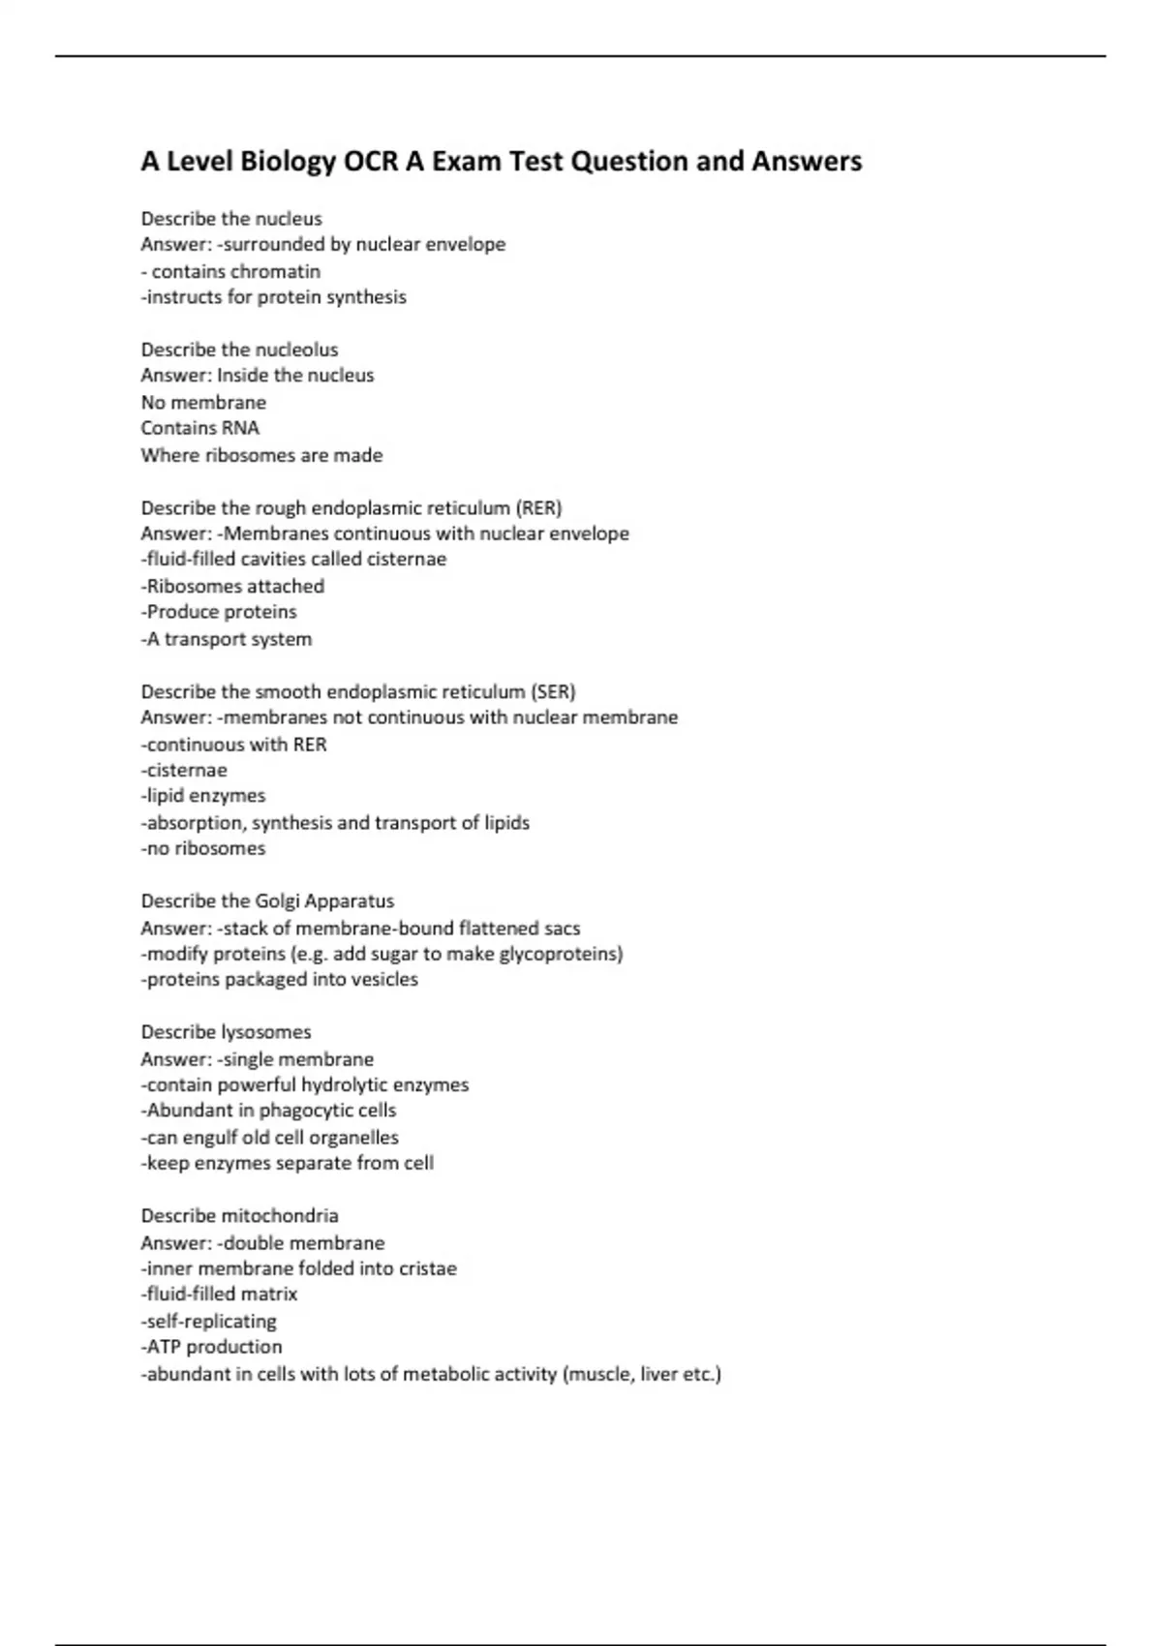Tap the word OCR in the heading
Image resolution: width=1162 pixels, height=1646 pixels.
372,162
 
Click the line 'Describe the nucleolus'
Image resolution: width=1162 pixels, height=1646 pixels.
239,350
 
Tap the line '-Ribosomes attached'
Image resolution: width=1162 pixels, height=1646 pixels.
232,586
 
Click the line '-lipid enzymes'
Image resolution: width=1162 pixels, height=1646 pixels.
203,796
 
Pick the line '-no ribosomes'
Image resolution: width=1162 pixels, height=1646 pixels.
203,848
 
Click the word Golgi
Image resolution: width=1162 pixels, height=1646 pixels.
279,901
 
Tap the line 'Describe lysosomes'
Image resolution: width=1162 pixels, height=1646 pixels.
226,1032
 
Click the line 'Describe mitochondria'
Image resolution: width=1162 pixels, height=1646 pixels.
239,1216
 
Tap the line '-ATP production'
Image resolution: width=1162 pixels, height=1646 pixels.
212,1347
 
